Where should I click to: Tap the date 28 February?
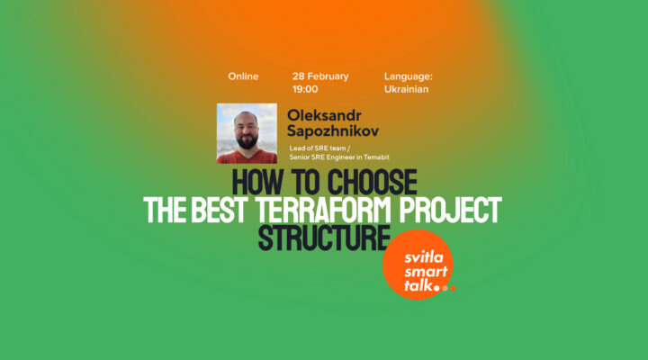point(320,76)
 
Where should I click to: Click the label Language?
point(409,76)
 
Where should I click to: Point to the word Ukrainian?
point(406,90)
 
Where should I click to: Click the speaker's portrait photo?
point(247,133)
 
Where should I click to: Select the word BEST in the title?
point(215,211)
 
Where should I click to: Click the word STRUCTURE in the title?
point(324,238)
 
